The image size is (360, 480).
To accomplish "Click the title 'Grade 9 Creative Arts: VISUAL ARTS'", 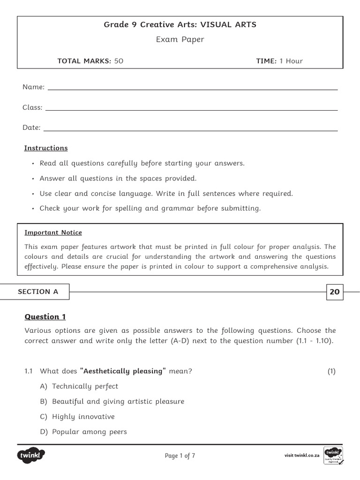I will point(180,25).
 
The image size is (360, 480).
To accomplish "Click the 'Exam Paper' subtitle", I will point(180,39).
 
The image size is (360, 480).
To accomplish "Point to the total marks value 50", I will point(119,61).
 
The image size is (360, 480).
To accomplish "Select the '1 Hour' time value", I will point(291,61).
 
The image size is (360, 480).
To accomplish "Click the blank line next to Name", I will point(192,89).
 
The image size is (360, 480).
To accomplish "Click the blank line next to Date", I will point(190,130).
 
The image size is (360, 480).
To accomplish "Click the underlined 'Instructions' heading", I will point(46,148).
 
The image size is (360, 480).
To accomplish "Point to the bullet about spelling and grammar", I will point(150,208).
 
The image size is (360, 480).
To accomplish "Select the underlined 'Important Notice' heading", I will point(53,232).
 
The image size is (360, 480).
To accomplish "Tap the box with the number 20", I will point(334,292).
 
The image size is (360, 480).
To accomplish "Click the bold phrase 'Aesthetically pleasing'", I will point(123,371).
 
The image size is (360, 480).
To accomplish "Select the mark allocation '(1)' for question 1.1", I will point(331,371).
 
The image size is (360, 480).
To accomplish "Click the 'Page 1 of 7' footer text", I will point(180,456).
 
